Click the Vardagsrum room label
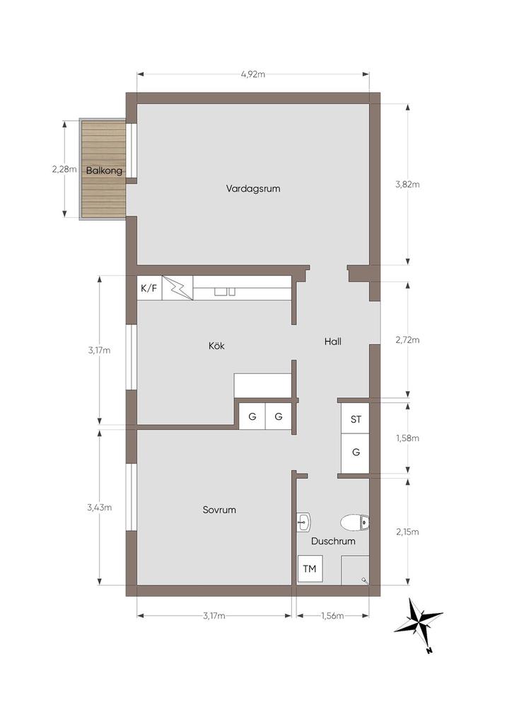[x=253, y=188]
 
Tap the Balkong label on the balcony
[x=105, y=170]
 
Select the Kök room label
[x=216, y=345]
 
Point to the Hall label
[x=333, y=341]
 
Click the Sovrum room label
[x=219, y=510]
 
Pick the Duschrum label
[x=333, y=541]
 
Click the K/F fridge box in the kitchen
[x=149, y=288]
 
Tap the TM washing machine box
[x=310, y=568]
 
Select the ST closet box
[x=356, y=419]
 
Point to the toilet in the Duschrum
[x=355, y=523]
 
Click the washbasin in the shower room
[x=304, y=522]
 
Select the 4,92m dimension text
[x=253, y=74]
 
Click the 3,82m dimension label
[x=407, y=185]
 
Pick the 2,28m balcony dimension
[x=64, y=169]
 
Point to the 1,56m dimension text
[x=332, y=616]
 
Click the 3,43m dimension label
[x=99, y=508]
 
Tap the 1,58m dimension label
[x=407, y=438]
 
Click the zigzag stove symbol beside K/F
[x=178, y=288]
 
